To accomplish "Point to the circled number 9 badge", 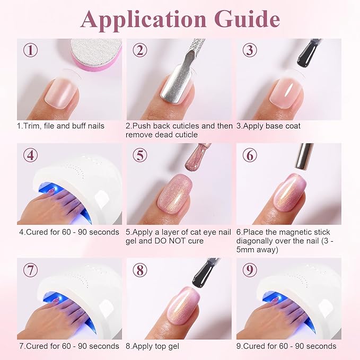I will (x=249, y=269).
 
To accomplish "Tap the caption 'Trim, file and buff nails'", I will (x=60, y=126).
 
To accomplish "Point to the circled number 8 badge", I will (x=140, y=269).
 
